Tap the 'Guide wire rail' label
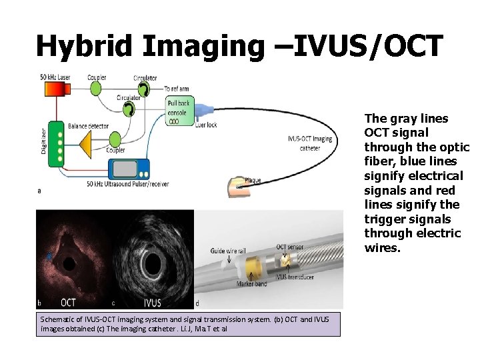228,251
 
